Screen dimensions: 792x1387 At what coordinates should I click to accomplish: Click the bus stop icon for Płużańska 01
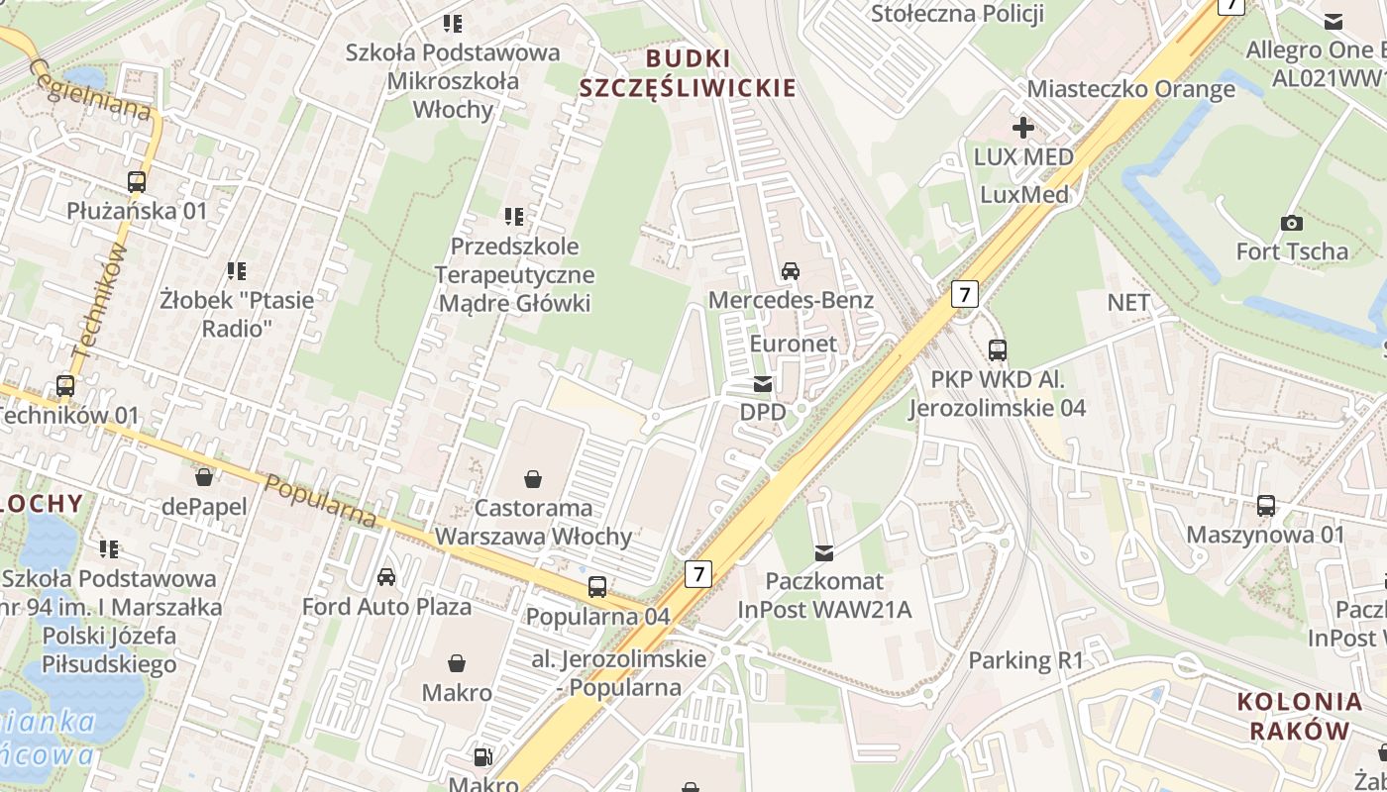137,182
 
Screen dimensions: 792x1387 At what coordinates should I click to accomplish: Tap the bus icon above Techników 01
65,386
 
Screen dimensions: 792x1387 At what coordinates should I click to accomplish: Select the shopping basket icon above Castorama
533,480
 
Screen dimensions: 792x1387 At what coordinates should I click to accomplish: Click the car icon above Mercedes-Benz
791,270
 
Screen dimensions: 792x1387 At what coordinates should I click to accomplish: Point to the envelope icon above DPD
762,384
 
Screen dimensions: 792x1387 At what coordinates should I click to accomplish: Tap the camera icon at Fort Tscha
1292,223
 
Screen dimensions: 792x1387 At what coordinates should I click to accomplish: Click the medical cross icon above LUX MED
1023,128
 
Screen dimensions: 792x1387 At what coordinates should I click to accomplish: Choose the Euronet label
794,344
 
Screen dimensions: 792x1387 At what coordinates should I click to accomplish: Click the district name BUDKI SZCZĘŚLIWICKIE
688,73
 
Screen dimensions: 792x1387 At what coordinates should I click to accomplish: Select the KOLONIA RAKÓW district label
1299,717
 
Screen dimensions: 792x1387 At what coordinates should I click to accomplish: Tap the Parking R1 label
1026,660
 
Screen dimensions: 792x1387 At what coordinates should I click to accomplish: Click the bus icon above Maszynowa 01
1266,506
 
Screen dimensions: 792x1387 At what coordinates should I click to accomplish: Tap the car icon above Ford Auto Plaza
386,577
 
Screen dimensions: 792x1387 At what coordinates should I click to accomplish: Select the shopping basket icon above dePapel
204,478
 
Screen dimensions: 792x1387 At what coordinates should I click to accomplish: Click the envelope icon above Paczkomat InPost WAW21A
824,552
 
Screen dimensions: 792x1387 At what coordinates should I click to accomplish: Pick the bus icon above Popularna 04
597,587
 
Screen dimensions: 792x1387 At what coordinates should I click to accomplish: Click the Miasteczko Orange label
1130,89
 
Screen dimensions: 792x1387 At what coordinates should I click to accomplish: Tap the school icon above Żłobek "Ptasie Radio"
237,270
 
